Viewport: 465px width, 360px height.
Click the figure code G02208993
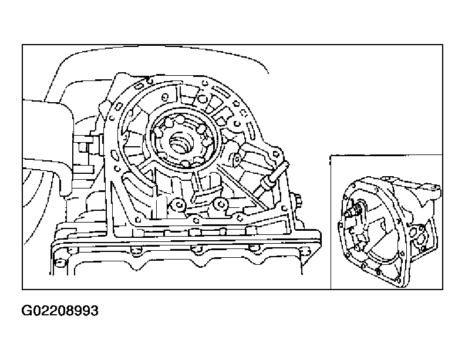point(60,311)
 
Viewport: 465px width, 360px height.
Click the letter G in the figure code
point(26,311)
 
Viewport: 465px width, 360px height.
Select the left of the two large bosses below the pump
point(178,204)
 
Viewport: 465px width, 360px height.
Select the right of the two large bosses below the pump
point(220,204)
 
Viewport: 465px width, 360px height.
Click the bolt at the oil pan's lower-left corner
point(60,262)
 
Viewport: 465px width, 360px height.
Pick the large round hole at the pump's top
point(203,99)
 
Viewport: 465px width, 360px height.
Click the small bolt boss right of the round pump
point(237,159)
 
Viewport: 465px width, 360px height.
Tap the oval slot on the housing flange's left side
point(114,154)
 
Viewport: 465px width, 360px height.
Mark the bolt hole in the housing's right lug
point(275,154)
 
